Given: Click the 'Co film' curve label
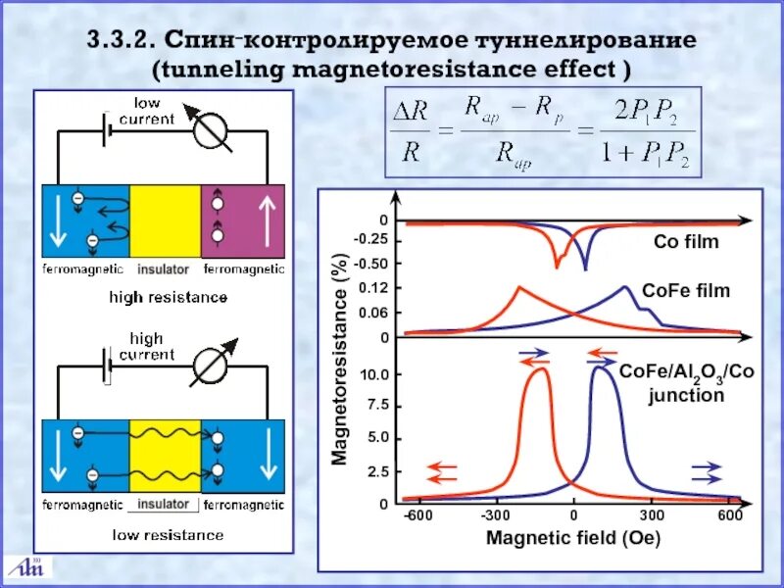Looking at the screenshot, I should click(x=686, y=242).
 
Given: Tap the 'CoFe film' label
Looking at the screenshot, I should click(x=686, y=290).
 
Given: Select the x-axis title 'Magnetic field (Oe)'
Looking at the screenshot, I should click(x=573, y=538).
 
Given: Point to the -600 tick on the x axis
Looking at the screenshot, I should click(x=417, y=517).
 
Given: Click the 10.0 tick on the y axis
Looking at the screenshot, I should click(x=376, y=374).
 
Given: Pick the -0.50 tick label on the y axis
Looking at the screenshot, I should click(x=371, y=263).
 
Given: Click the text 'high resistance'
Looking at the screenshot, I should click(x=168, y=296).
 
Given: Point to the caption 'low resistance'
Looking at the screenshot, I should click(x=166, y=535).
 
